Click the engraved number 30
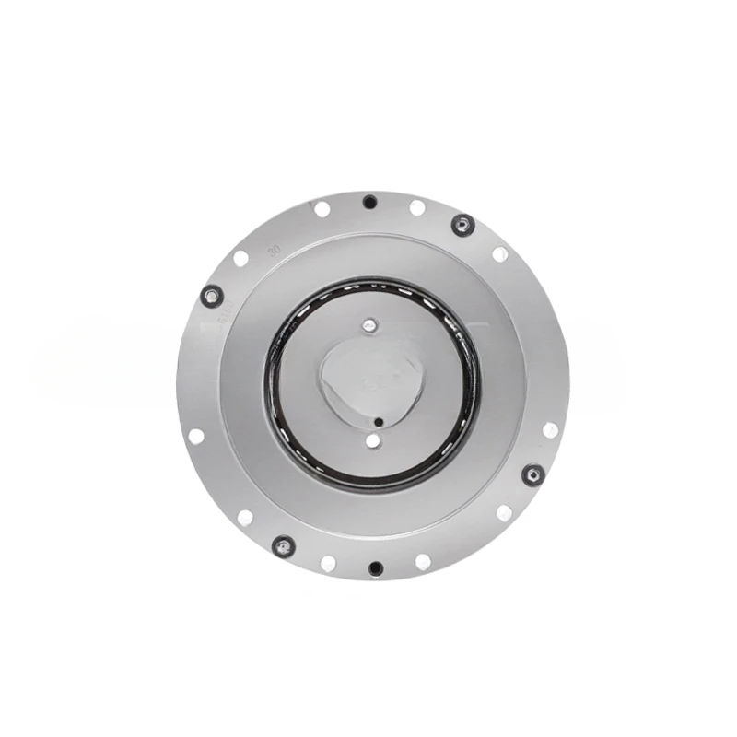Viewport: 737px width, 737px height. pos(273,250)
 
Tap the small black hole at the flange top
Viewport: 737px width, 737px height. pos(369,202)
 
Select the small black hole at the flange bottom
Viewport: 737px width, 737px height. pos(374,567)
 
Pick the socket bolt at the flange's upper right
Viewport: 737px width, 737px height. pos(462,224)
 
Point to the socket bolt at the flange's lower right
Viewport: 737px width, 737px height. pos(532,474)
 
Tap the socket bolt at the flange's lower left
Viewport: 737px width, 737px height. pos(282,545)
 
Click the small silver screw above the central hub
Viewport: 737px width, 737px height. pos(370,324)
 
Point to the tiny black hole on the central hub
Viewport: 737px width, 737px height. pos(379,423)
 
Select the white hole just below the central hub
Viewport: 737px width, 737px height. pos(372,441)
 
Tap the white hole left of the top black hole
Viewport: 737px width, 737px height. pos(322,209)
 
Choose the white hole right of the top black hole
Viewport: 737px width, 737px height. pos(417,208)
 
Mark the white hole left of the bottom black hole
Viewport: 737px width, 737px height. pos(328,563)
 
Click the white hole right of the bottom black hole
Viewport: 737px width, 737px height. pos(423,561)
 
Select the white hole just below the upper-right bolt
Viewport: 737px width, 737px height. pos(500,254)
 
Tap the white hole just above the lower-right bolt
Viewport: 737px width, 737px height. pos(550,429)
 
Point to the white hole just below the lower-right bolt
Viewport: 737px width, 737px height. pos(504,513)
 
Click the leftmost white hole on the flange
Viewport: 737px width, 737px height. pos(196,436)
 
